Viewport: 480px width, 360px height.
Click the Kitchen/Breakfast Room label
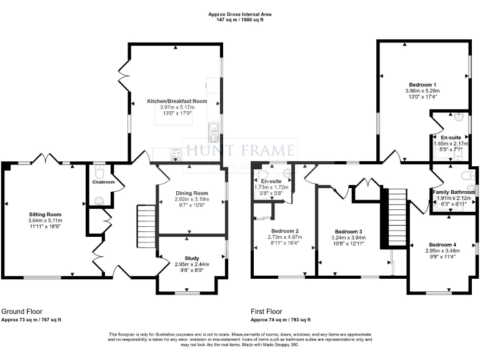pyautogui.click(x=177, y=101)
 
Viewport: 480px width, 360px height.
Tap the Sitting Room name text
pyautogui.click(x=44, y=214)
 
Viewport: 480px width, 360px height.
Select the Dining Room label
pyautogui.click(x=191, y=193)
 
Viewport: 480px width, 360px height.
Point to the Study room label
pyautogui.click(x=191, y=257)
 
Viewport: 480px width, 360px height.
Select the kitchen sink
pyautogui.click(x=214, y=128)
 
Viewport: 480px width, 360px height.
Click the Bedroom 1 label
pyautogui.click(x=422, y=84)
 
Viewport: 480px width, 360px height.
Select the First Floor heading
pyautogui.click(x=266, y=311)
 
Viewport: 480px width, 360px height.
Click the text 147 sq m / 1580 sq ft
pyautogui.click(x=241, y=20)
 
